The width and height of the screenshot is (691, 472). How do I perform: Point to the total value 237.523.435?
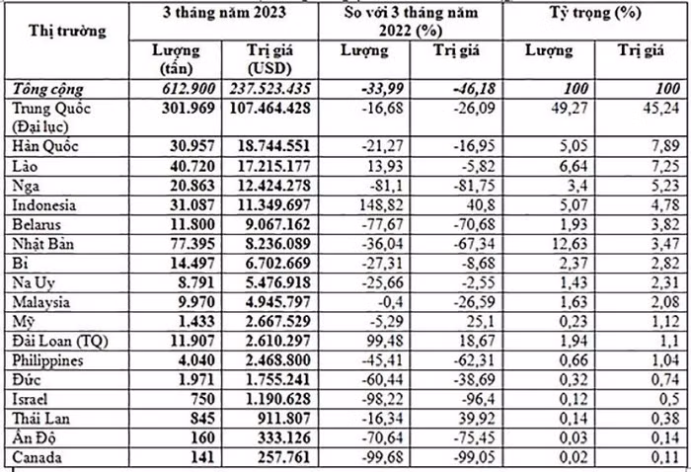(x=269, y=88)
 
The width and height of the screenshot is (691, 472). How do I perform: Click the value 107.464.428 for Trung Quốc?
(x=269, y=107)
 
